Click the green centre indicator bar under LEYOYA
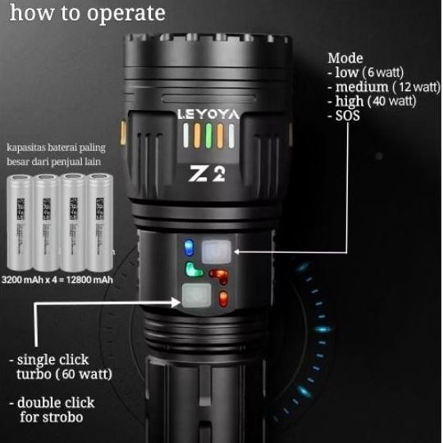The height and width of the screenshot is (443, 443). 208,135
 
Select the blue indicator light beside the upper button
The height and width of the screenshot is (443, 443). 188,246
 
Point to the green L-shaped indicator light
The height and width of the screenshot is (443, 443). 194,270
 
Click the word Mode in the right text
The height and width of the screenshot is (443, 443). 345,58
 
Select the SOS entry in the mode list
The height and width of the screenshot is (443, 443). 347,116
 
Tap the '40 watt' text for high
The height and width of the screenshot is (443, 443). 392,101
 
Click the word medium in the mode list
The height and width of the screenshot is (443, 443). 362,87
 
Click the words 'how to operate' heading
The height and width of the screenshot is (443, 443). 88,14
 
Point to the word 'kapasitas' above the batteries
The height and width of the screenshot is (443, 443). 25,148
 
